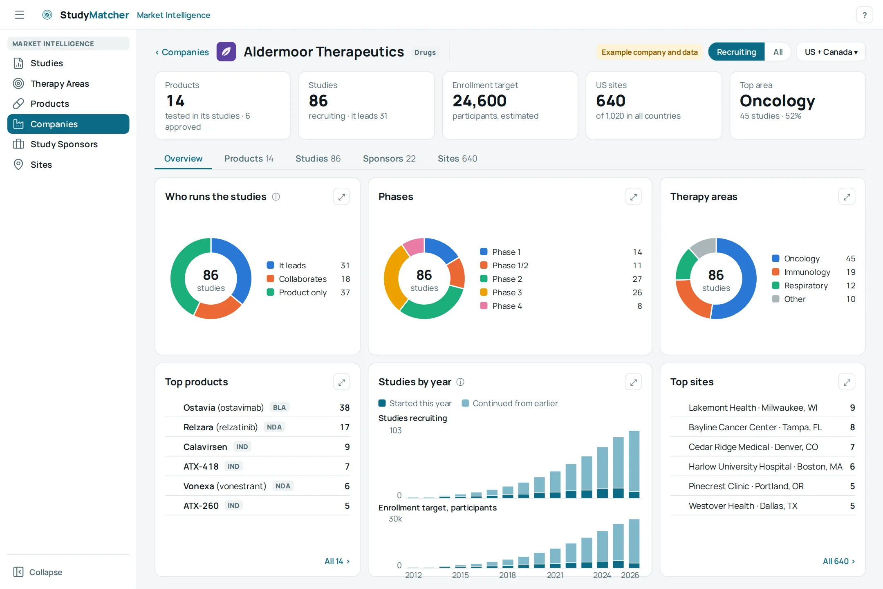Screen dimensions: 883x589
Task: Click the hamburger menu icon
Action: point(20,15)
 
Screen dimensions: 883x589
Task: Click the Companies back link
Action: point(182,52)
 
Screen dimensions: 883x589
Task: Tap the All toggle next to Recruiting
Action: point(778,52)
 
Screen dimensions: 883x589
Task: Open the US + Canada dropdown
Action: point(831,52)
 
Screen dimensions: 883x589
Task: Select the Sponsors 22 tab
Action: point(389,158)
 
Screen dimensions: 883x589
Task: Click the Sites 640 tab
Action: point(457,158)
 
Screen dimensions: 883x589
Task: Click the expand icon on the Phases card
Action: point(633,197)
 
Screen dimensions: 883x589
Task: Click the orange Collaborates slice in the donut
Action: point(217,309)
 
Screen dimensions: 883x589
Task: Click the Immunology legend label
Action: point(807,272)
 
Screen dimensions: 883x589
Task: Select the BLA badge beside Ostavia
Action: point(279,407)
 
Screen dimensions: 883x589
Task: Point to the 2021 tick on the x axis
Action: point(555,575)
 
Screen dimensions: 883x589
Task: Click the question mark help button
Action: point(864,15)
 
